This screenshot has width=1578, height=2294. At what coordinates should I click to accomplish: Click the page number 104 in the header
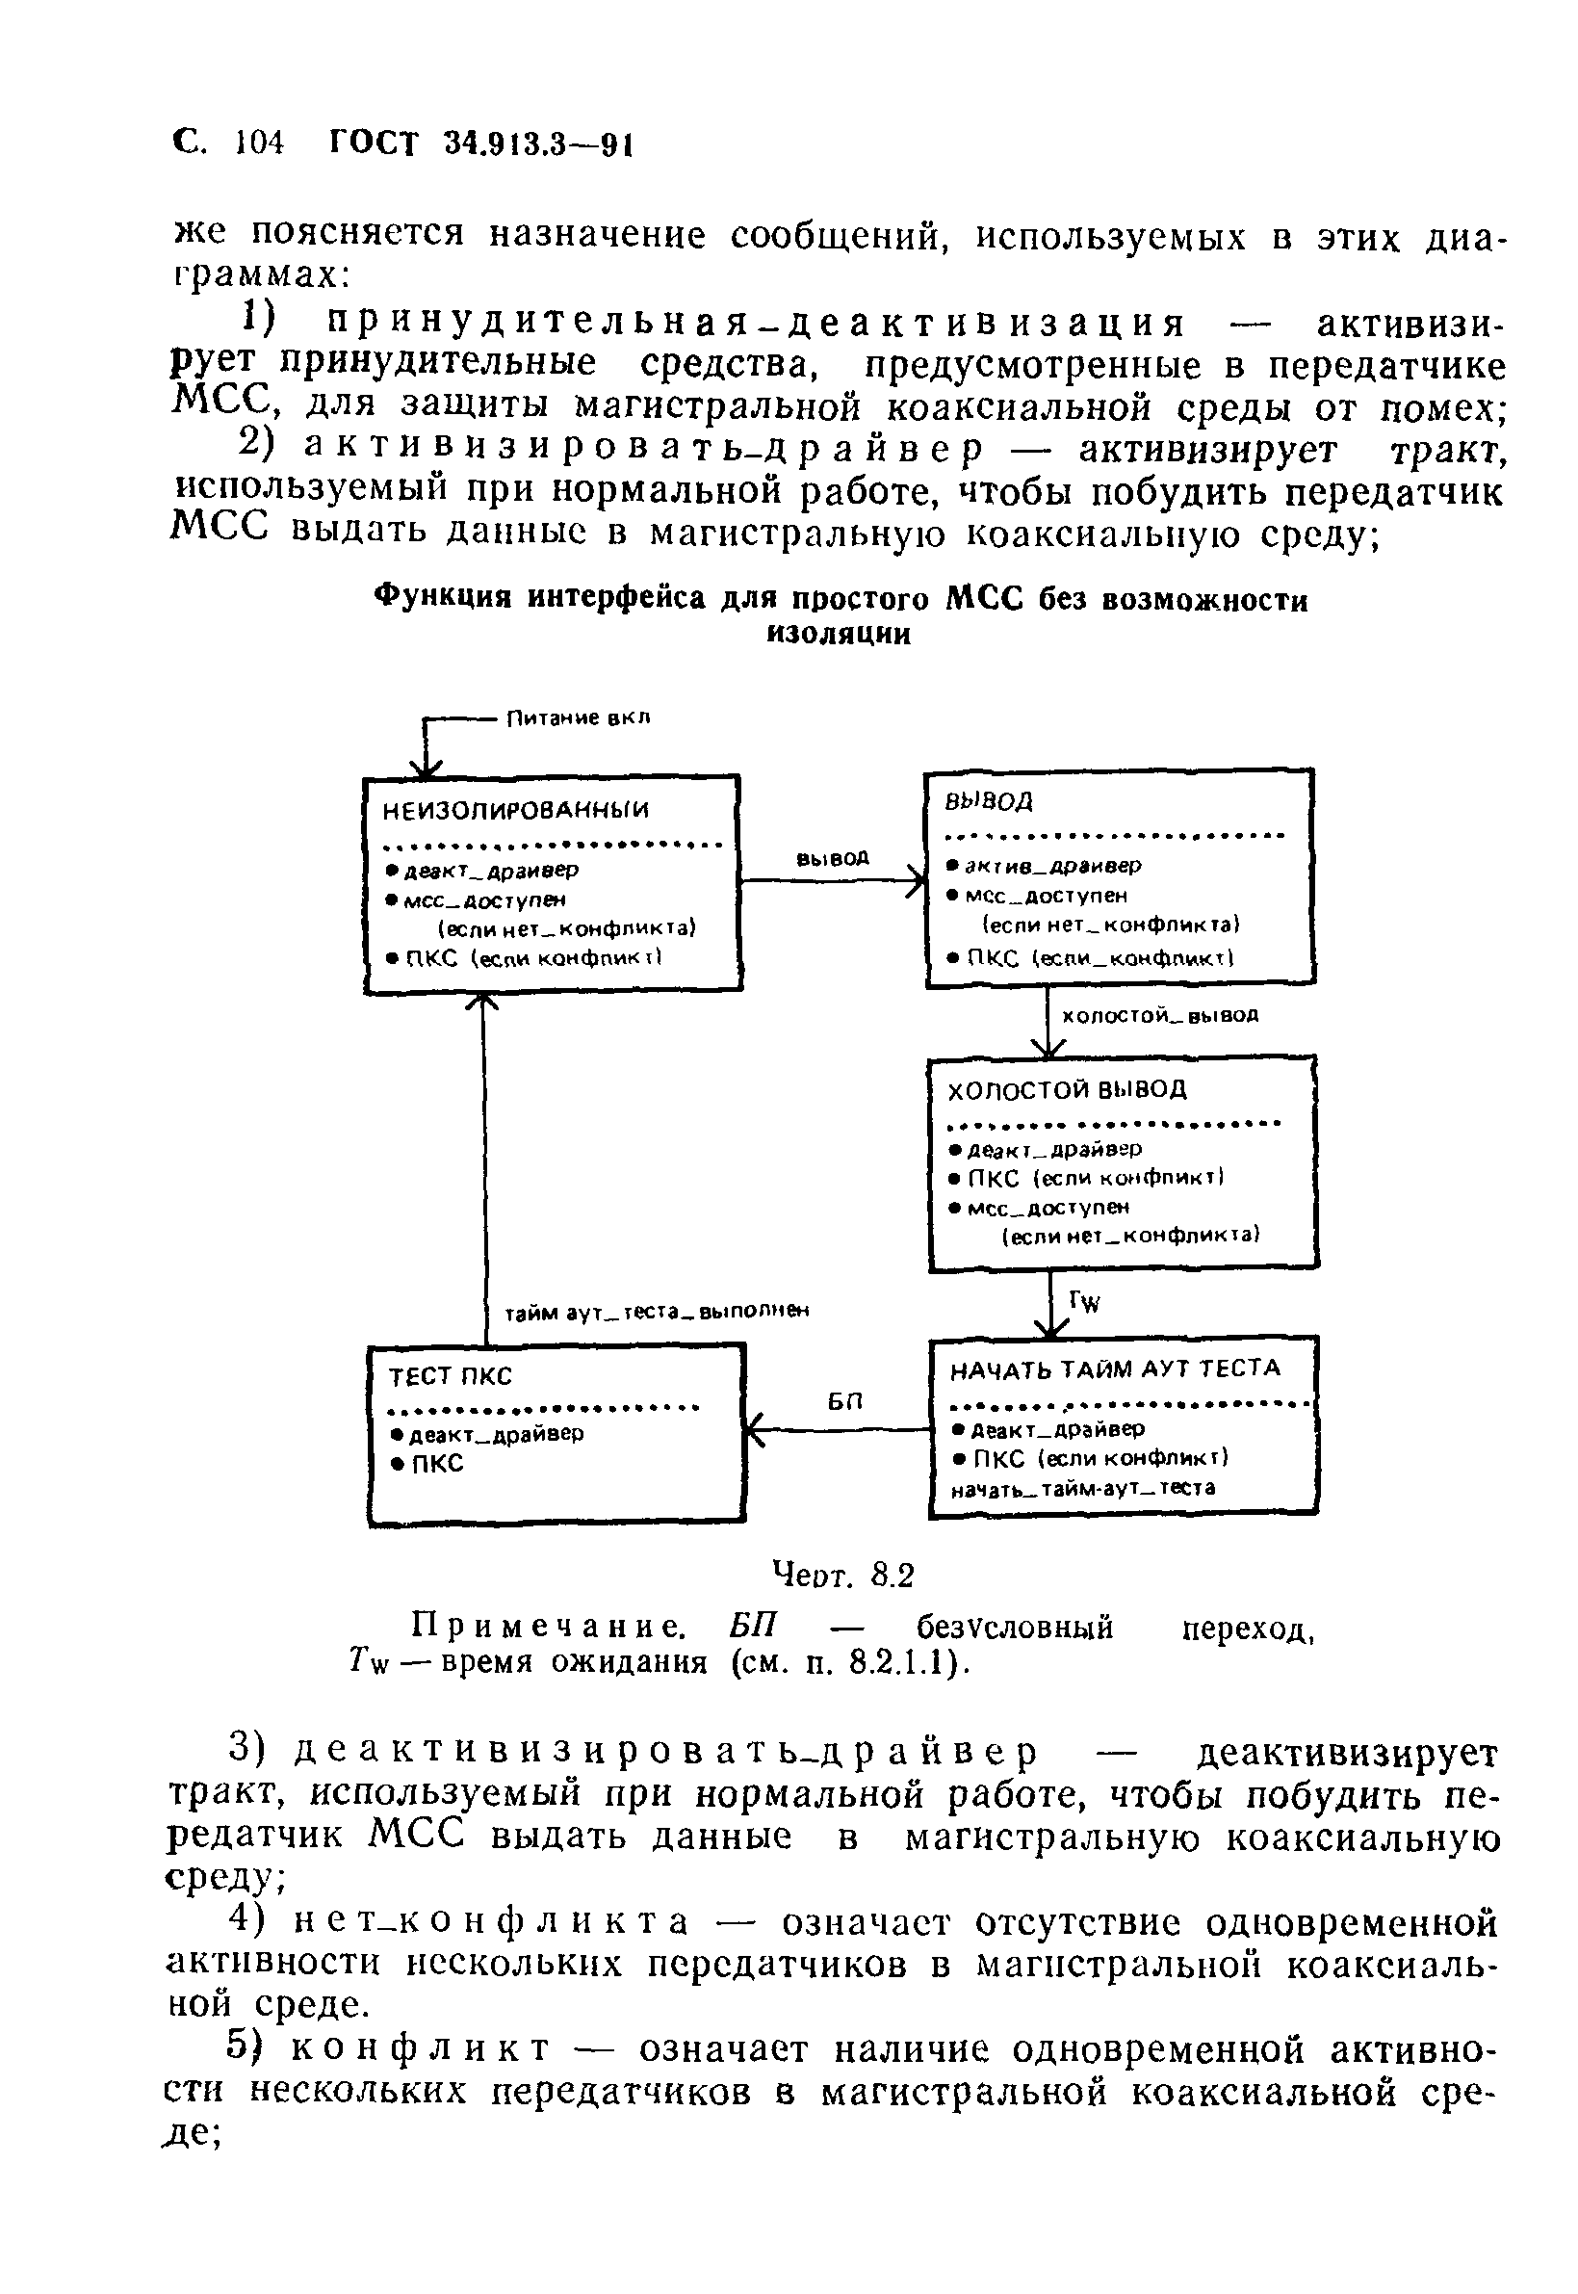pyautogui.click(x=260, y=143)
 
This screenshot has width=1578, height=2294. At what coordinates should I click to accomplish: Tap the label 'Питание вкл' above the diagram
pyautogui.click(x=579, y=718)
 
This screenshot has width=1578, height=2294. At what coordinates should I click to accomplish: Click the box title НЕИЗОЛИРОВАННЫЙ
pyautogui.click(x=515, y=811)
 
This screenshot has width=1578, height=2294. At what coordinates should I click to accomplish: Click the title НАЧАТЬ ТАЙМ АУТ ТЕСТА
pyautogui.click(x=1114, y=1369)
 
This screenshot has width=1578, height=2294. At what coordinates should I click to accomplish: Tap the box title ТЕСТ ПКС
pyautogui.click(x=450, y=1377)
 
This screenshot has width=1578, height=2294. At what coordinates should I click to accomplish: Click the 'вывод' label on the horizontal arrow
pyautogui.click(x=832, y=859)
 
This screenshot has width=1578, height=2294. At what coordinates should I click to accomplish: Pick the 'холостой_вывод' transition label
pyautogui.click(x=1159, y=1015)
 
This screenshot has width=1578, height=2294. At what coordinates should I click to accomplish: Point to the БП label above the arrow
pyautogui.click(x=845, y=1401)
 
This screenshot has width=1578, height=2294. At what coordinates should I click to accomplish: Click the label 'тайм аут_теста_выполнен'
pyautogui.click(x=657, y=1312)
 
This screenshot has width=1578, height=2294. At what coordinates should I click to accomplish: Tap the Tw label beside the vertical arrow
pyautogui.click(x=1085, y=1302)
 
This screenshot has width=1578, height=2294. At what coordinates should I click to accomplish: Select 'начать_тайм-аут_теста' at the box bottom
pyautogui.click(x=1083, y=1488)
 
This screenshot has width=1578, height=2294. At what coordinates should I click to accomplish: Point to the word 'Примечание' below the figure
pyautogui.click(x=548, y=1627)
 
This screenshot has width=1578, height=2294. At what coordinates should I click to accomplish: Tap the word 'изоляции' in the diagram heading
pyautogui.click(x=839, y=635)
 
